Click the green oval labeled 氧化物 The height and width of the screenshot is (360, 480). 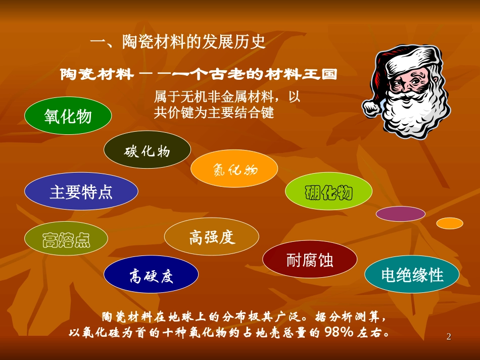point(68,116)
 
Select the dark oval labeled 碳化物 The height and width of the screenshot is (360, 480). point(147,150)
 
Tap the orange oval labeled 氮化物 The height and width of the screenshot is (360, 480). point(234,169)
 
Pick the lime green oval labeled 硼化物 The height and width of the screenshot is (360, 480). point(328,192)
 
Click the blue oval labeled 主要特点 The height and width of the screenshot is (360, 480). point(81,191)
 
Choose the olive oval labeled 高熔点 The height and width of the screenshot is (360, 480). point(66,239)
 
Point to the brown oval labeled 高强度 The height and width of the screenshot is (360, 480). point(212,237)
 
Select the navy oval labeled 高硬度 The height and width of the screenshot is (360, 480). point(151,276)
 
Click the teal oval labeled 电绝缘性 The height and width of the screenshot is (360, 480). point(412,275)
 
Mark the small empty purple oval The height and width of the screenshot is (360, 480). point(401,214)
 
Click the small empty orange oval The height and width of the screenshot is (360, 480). point(449,223)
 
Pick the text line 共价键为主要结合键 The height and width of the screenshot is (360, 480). point(214,112)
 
